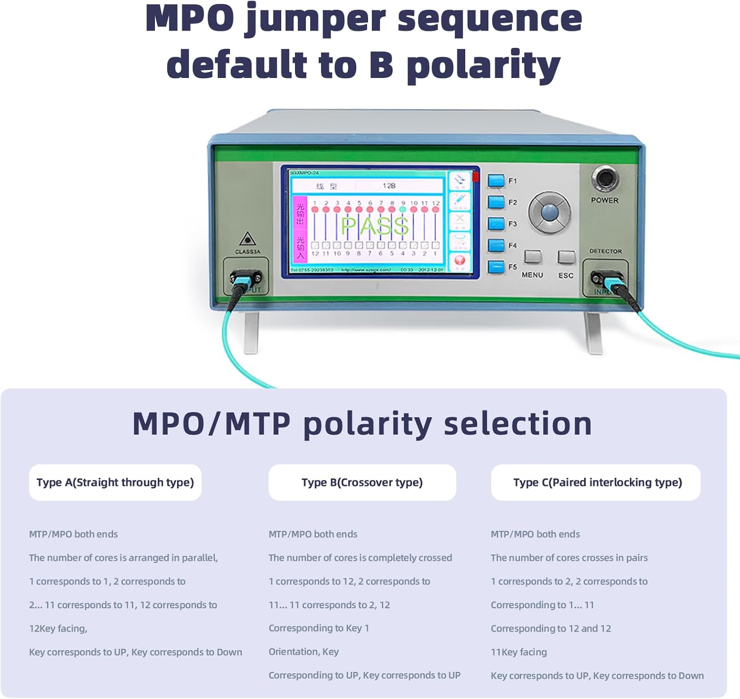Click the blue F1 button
(x=496, y=181)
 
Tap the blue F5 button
(x=496, y=267)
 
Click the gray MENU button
(x=533, y=257)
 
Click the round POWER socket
(x=605, y=179)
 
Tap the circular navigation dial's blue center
(x=549, y=212)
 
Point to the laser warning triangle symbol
(x=247, y=239)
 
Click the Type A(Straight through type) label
(x=115, y=482)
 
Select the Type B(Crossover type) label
(x=362, y=482)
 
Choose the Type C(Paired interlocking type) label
(x=597, y=482)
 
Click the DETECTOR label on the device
(x=605, y=251)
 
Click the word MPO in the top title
(x=190, y=19)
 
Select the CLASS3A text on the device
(x=247, y=252)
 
